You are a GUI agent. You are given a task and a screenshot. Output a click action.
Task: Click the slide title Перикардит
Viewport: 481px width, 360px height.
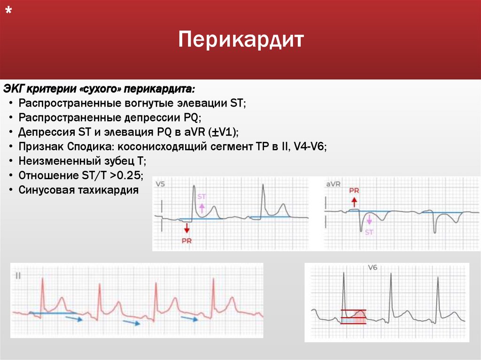tap(241, 39)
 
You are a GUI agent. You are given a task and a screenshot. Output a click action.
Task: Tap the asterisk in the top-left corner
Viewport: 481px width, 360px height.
tap(8, 13)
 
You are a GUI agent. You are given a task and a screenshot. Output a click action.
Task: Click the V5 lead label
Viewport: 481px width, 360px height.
tap(160, 184)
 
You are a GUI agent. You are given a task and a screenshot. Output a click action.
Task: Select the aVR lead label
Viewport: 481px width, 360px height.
tap(333, 184)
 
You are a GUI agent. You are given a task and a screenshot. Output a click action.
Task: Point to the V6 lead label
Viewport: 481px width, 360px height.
tap(372, 268)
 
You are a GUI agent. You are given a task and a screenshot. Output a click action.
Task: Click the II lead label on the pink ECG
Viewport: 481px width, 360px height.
tap(18, 275)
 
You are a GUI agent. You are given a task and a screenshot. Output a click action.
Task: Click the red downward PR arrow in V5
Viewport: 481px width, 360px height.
tap(187, 228)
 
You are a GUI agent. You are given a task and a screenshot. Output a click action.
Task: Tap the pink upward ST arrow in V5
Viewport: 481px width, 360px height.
tap(202, 208)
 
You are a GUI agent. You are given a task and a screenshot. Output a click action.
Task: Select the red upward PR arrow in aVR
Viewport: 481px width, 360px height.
tap(354, 202)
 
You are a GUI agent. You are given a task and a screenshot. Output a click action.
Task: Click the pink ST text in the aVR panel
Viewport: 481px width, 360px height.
tap(369, 232)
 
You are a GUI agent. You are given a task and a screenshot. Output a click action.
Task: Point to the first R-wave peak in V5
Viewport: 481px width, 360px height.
tap(193, 186)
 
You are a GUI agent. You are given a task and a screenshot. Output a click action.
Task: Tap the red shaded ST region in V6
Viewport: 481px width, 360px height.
tap(353, 317)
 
